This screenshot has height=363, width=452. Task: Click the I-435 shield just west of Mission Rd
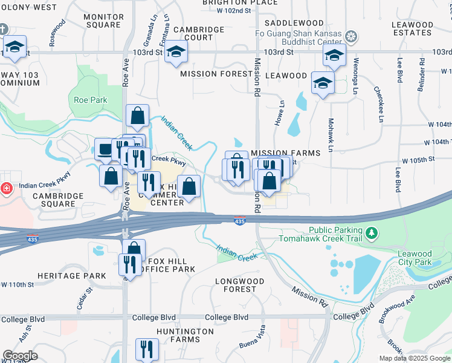(240, 221)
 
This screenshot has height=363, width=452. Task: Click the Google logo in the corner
(20, 355)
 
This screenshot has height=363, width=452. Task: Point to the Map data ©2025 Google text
(414, 358)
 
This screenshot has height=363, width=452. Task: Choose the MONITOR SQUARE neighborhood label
(103, 21)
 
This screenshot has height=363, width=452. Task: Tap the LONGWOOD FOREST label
(240, 285)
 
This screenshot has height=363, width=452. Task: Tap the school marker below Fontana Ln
(176, 51)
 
